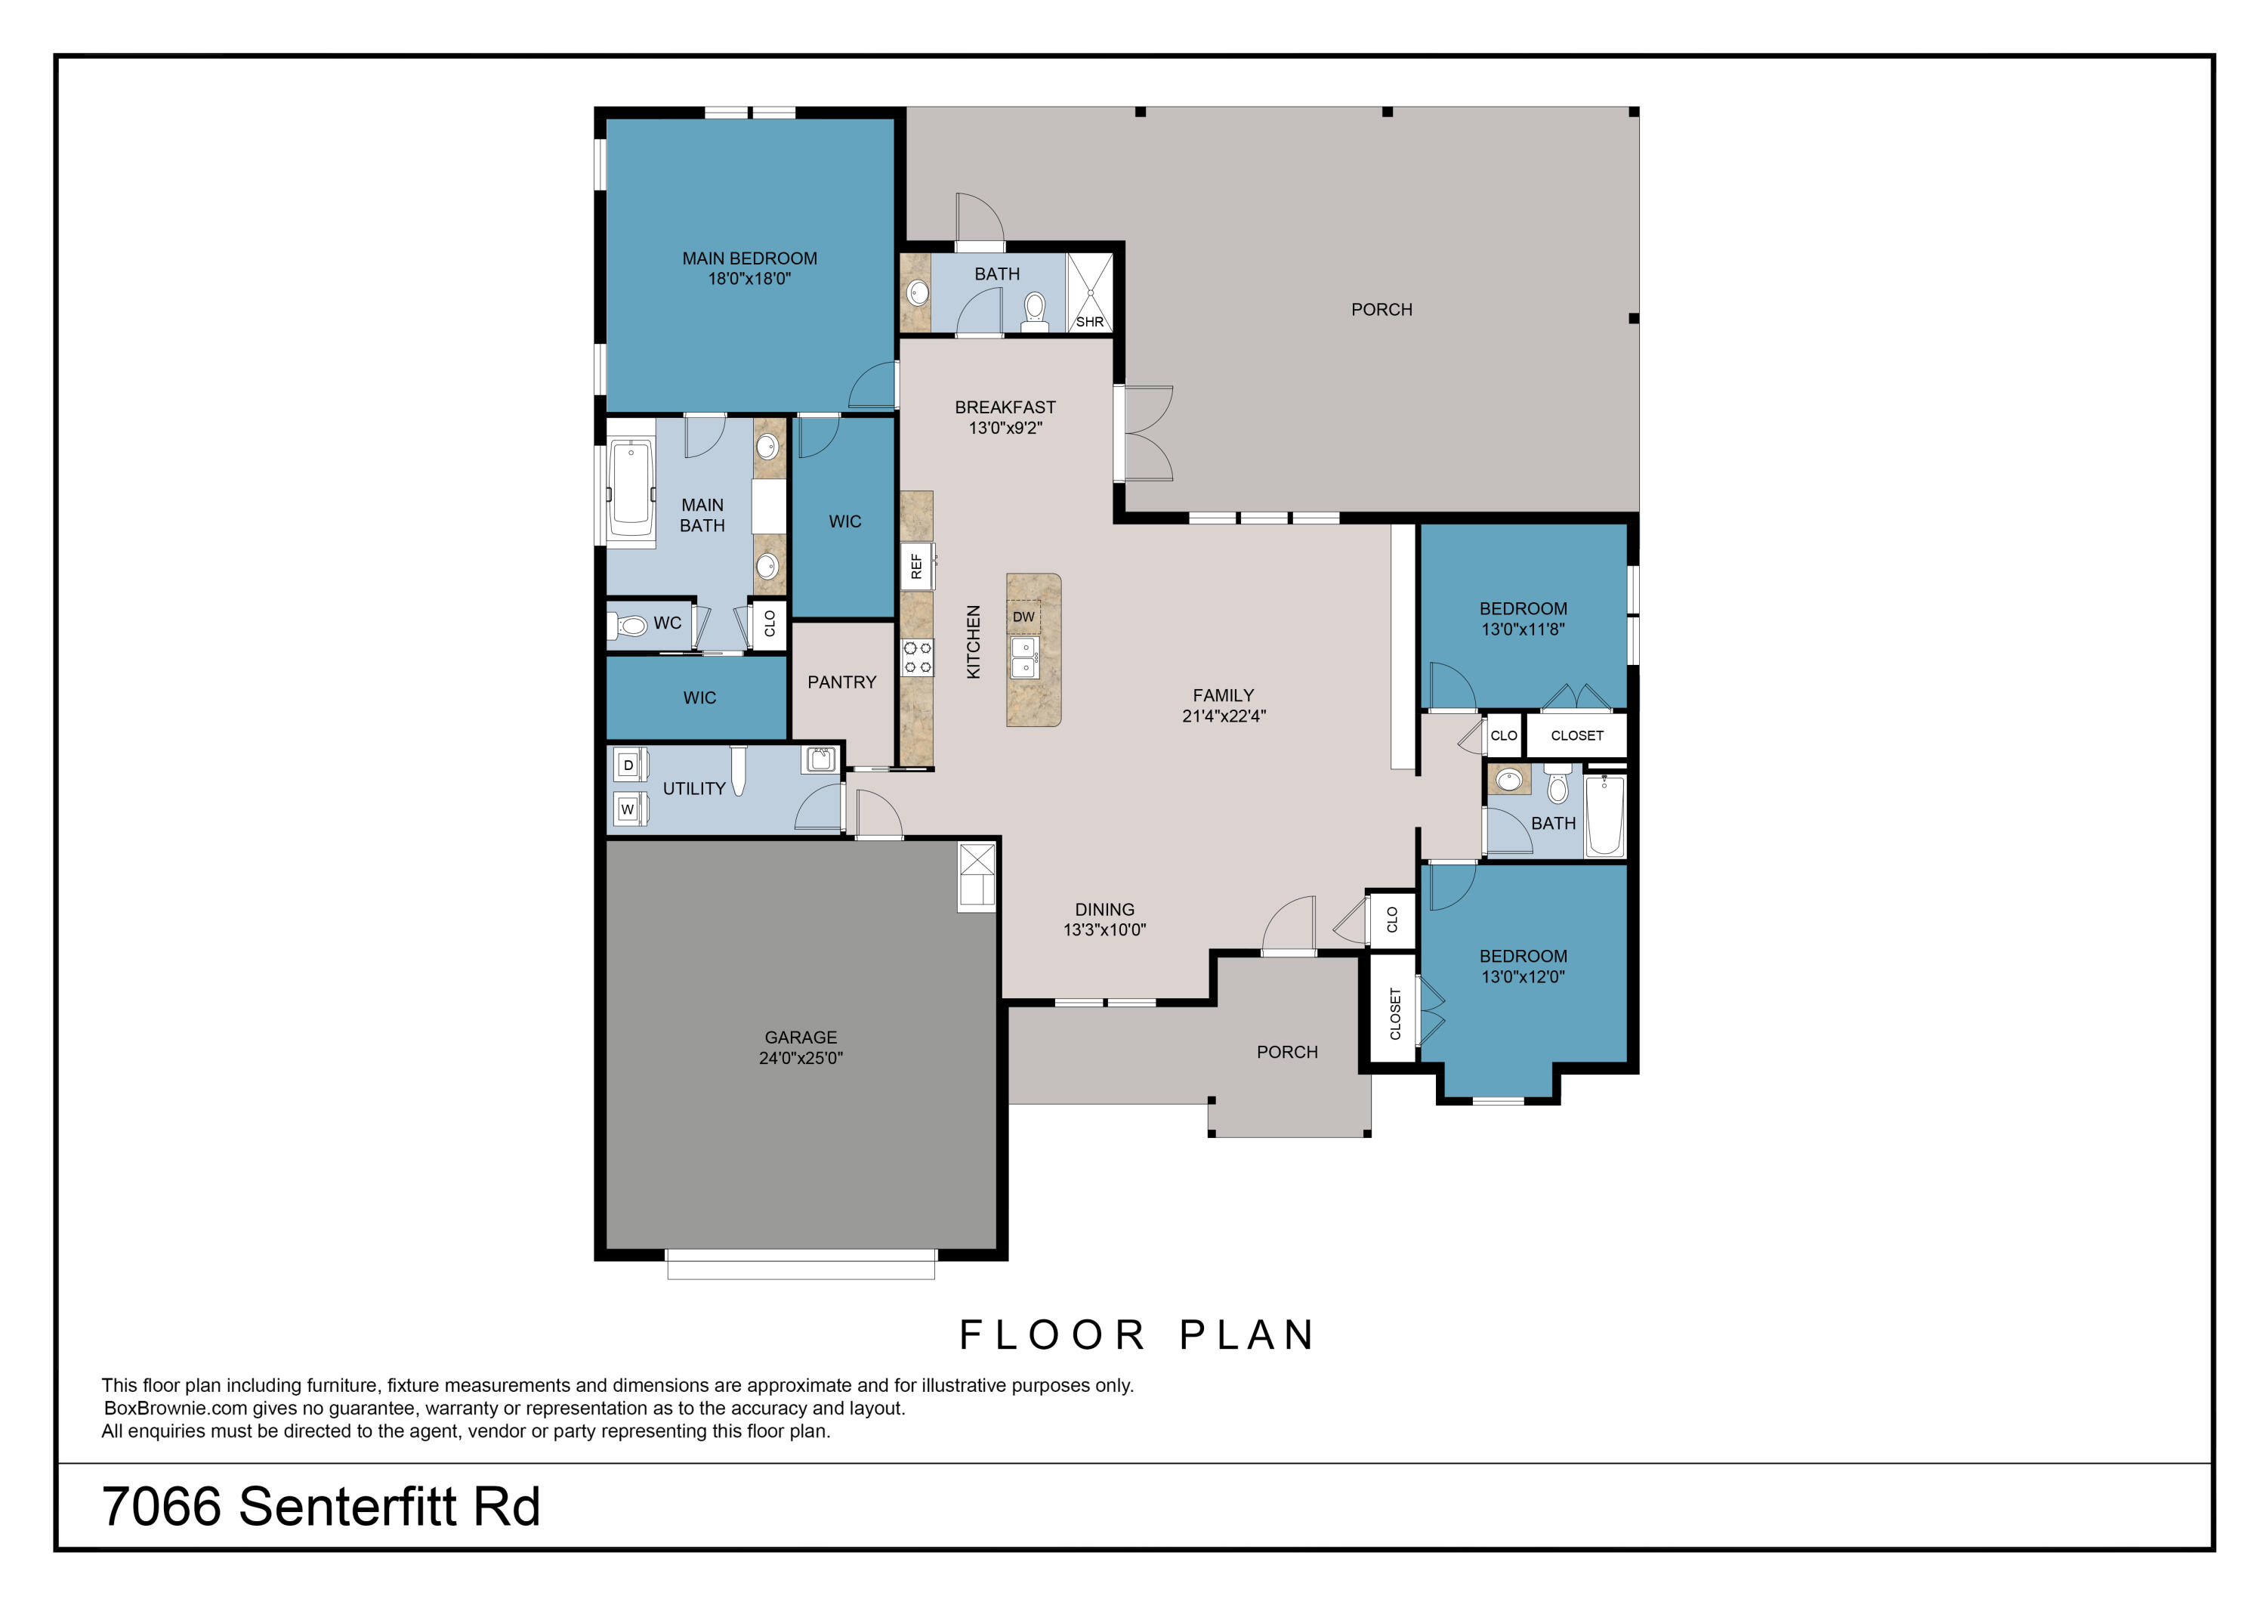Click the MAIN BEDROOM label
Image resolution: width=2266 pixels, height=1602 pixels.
click(x=749, y=258)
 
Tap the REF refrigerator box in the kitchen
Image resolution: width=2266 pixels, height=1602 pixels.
click(x=917, y=567)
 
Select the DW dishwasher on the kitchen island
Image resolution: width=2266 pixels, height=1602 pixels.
click(x=1023, y=617)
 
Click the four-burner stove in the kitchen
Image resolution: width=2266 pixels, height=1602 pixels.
click(x=917, y=657)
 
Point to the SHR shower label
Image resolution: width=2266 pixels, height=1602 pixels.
click(x=1090, y=322)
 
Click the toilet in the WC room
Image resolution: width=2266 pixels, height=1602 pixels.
click(x=628, y=625)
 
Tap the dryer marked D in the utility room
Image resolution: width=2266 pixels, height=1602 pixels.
click(x=630, y=765)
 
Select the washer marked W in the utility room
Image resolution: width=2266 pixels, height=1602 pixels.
click(x=630, y=809)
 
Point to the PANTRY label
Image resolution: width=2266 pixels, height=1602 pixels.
click(x=842, y=682)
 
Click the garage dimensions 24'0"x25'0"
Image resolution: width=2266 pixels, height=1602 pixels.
click(x=801, y=1058)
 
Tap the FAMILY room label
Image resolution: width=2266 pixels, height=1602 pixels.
click(x=1223, y=696)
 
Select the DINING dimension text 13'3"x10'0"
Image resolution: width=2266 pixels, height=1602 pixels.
click(x=1104, y=929)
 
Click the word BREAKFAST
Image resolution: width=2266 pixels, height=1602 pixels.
click(x=1005, y=407)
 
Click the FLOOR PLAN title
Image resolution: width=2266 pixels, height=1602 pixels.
click(x=1137, y=1334)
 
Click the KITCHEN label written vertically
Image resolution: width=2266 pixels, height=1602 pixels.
click(x=973, y=642)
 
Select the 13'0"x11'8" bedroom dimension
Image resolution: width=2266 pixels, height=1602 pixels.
click(x=1523, y=629)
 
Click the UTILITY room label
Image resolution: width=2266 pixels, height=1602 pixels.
click(x=694, y=789)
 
